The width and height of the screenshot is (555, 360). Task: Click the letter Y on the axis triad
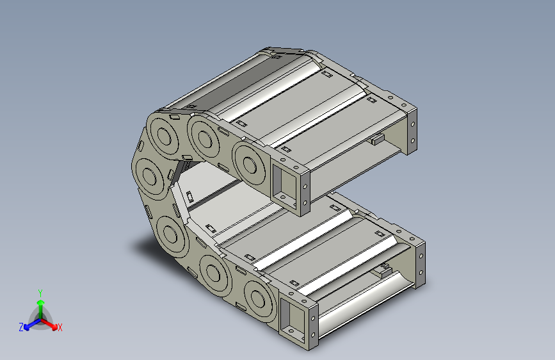(40, 293)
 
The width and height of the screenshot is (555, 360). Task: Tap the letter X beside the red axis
(60, 328)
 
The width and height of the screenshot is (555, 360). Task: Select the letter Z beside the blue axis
(21, 327)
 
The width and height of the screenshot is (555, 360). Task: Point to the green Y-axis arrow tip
(41, 302)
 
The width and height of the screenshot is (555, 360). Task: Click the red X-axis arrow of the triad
(49, 323)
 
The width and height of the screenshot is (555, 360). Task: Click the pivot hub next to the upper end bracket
(249, 165)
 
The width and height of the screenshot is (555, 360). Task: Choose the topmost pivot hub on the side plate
(163, 136)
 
